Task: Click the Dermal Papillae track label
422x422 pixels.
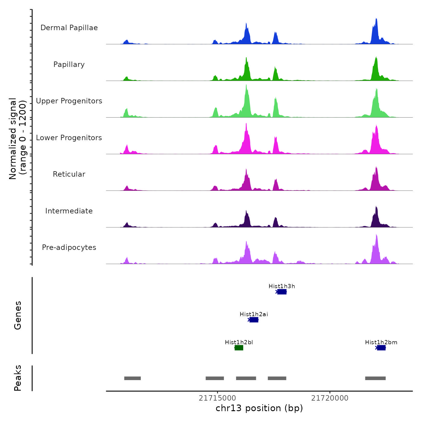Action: [69, 28]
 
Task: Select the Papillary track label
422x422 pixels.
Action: [69, 65]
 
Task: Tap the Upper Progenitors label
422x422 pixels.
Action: [69, 101]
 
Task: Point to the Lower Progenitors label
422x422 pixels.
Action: [69, 138]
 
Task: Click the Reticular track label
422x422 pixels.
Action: [69, 174]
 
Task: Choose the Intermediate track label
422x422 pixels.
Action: [69, 211]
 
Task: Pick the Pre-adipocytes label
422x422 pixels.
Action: [69, 247]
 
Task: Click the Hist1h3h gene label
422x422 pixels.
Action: [282, 286]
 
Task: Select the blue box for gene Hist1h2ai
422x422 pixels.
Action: [254, 320]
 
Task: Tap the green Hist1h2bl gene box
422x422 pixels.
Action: [239, 348]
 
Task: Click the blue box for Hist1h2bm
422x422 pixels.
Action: [381, 348]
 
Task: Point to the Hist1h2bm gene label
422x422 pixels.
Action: [381, 342]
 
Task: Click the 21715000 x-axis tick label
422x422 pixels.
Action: [217, 398]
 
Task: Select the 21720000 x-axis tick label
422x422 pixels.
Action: [330, 398]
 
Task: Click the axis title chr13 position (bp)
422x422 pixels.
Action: [259, 408]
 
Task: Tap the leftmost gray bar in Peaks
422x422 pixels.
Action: [132, 378]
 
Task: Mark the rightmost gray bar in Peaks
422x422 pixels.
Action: [375, 378]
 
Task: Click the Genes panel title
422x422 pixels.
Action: [18, 315]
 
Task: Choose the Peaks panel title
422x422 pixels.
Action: [18, 378]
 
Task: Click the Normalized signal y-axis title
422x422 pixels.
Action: [18, 139]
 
